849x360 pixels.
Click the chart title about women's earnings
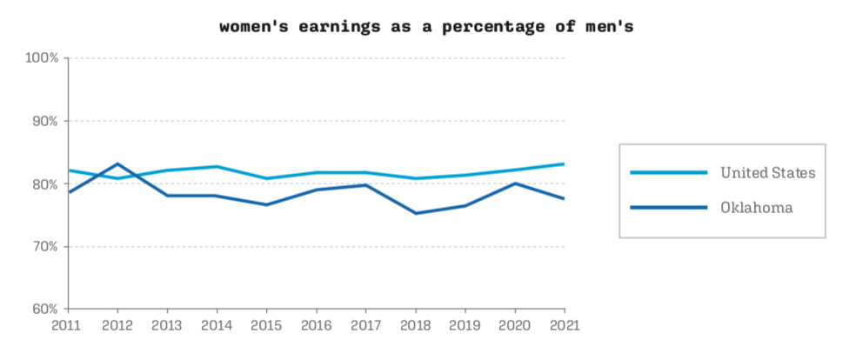coord(426,26)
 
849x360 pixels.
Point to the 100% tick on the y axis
coord(41,58)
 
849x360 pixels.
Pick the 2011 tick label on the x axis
coord(68,324)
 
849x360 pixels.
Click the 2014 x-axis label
coord(217,324)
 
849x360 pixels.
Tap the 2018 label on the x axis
coord(416,324)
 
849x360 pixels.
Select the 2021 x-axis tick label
coord(564,324)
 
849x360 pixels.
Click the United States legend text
coord(767,173)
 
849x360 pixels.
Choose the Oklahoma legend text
coord(756,208)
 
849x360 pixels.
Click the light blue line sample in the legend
coord(668,173)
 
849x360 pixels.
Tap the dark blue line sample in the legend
coord(668,208)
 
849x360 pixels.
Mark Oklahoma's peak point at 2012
coord(117,163)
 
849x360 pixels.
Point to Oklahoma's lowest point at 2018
coord(416,213)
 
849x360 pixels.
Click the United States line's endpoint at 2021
coord(564,163)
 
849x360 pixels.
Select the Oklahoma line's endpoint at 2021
coord(564,198)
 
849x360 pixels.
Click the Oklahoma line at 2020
coord(515,183)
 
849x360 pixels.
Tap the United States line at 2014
coord(217,166)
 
